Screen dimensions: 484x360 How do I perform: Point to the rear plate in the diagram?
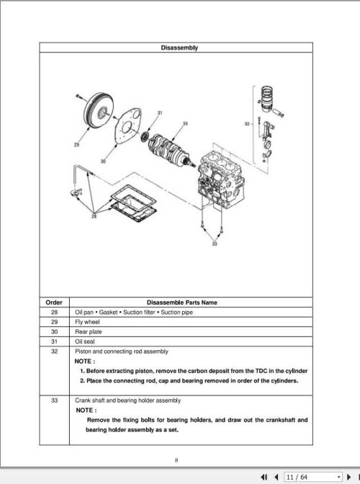pyautogui.click(x=129, y=133)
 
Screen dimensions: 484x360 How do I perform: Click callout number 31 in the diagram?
pyautogui.click(x=158, y=112)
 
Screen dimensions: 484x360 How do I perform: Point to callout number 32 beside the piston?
pyautogui.click(x=247, y=123)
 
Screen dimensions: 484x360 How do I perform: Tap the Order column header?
pyautogui.click(x=54, y=302)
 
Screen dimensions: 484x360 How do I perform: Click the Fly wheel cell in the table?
pyautogui.click(x=86, y=321)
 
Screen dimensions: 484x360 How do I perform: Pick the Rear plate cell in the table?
pyautogui.click(x=87, y=331)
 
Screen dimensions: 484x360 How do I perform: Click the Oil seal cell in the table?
pyautogui.click(x=84, y=341)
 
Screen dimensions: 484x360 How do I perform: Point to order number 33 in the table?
pyautogui.click(x=54, y=400)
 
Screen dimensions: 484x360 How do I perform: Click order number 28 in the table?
pyautogui.click(x=54, y=311)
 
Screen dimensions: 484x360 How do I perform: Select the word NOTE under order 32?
pyautogui.click(x=85, y=361)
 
